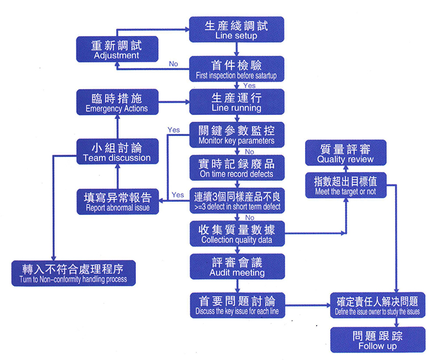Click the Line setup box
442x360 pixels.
coord(236,29)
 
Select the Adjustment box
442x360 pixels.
coord(117,49)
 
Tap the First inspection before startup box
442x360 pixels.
coord(236,69)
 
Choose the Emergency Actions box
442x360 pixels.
coord(117,102)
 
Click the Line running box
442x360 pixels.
coord(236,102)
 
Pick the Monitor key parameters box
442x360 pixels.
coord(236,134)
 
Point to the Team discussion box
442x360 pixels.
coord(117,152)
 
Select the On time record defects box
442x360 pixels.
coord(236,168)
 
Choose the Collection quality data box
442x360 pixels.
coord(236,233)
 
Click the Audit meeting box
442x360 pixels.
coord(236,267)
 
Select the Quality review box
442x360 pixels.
coord(346,153)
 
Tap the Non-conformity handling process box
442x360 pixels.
coord(74,273)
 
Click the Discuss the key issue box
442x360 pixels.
coord(236,306)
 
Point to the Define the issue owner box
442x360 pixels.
coord(377,306)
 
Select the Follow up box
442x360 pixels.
coord(377,340)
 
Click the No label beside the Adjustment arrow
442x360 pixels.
coord(173,64)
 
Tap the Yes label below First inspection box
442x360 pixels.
coord(249,86)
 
